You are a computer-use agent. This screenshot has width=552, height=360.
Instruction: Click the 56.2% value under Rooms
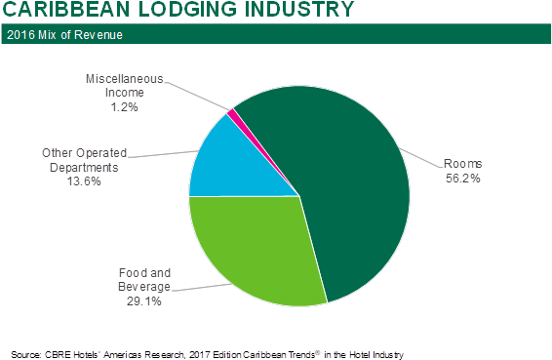point(463,179)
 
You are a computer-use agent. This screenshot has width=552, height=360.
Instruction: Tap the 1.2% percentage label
point(123,106)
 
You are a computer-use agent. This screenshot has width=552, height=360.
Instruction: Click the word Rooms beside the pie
point(463,164)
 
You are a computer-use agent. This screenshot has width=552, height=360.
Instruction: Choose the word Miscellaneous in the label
point(123,76)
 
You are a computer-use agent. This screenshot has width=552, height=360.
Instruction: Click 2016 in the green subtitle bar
point(20,36)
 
